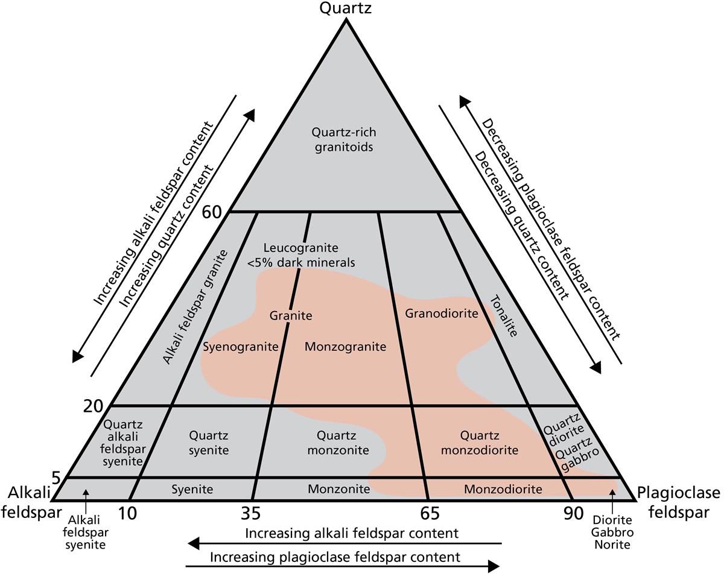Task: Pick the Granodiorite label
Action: tap(442, 314)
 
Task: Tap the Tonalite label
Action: tap(504, 315)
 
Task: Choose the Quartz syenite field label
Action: tap(208, 442)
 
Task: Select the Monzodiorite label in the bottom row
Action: tap(503, 489)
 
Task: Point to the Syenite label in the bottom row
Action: tap(191, 489)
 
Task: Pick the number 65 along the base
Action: tap(428, 514)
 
